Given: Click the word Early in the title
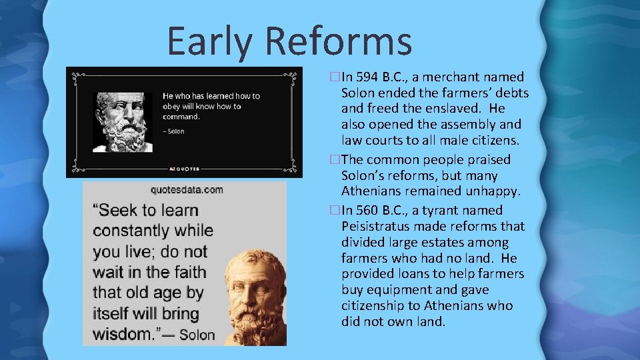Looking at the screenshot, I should [x=209, y=41].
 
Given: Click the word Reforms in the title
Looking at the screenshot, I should [x=338, y=41].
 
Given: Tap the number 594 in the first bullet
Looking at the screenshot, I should [x=367, y=77].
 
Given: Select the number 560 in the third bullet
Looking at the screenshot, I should [x=367, y=211].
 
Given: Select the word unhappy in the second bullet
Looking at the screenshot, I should [x=494, y=192].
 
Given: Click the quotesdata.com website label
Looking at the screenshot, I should [x=187, y=190].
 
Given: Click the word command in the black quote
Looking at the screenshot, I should [x=180, y=117].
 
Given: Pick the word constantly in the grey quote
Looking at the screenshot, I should [x=153, y=231].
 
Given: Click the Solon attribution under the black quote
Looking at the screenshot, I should [x=175, y=131].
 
